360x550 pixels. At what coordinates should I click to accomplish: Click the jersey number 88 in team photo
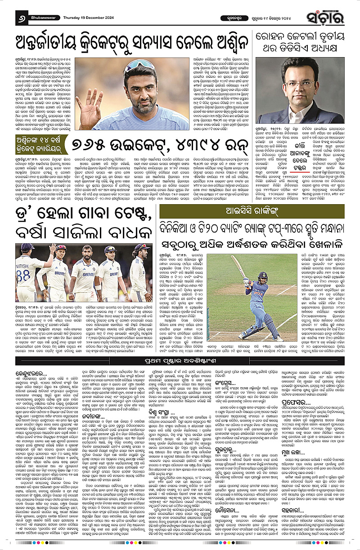tap(23, 273)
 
